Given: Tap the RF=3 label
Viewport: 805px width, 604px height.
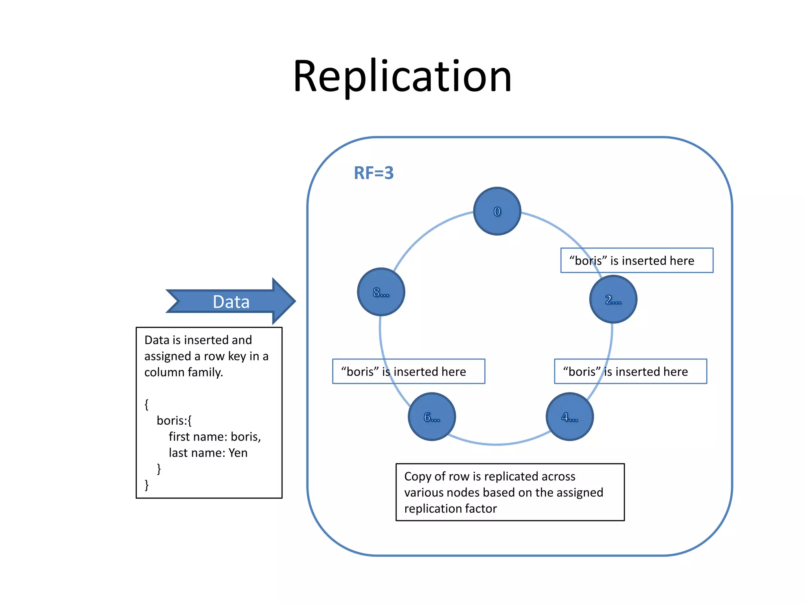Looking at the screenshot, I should (373, 173).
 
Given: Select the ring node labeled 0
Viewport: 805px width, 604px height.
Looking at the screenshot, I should (497, 211).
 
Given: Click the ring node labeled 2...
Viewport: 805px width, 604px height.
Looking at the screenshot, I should (613, 299).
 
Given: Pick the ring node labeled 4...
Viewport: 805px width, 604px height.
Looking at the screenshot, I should (570, 416).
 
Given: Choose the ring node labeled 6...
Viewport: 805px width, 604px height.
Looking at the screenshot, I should (432, 416).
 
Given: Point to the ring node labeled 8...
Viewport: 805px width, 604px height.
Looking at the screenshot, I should (381, 292).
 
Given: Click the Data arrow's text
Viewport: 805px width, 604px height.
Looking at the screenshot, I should (231, 302).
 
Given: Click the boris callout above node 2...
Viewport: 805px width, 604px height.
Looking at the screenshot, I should (636, 260).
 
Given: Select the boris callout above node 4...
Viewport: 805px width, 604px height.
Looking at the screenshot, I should (630, 371).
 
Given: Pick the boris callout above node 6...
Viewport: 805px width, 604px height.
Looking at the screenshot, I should (408, 371).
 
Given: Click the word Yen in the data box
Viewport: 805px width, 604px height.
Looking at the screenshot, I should (238, 453).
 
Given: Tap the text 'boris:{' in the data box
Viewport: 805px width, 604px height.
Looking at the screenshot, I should (174, 421).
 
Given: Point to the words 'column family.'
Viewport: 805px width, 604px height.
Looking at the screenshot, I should (184, 372).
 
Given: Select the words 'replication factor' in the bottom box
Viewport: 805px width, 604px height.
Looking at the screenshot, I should (450, 508).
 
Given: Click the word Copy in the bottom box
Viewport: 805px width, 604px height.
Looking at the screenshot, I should (418, 476).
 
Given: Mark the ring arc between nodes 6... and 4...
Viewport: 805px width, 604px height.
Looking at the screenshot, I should (499, 444).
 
